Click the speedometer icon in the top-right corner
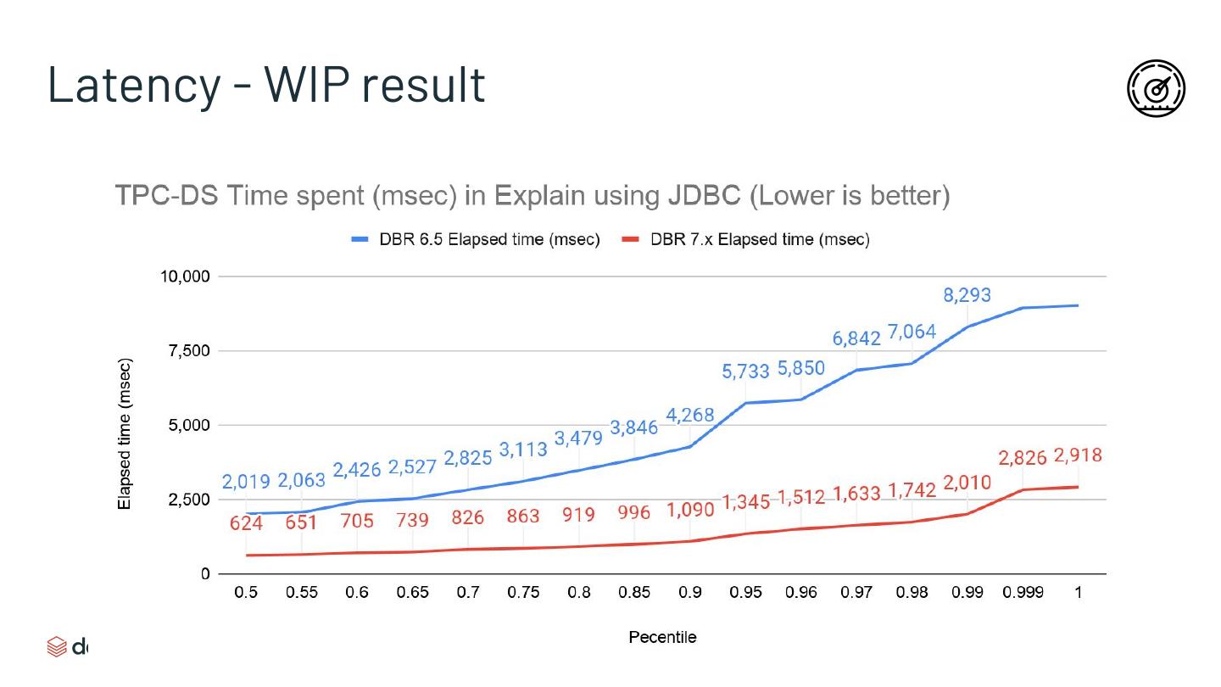[1156, 88]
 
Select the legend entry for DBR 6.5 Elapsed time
[477, 240]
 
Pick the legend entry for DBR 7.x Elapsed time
[745, 240]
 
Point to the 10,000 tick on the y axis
[185, 276]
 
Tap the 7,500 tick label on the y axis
[189, 351]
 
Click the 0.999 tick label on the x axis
[1023, 593]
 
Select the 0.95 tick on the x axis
[745, 593]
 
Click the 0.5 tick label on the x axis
[246, 593]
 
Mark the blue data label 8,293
[967, 296]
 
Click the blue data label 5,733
[745, 371]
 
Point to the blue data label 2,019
[246, 483]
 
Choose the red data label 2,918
[1078, 456]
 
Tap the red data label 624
[246, 523]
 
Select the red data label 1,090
[690, 511]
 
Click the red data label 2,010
[967, 483]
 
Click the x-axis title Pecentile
[662, 637]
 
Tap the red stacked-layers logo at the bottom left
[56, 647]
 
